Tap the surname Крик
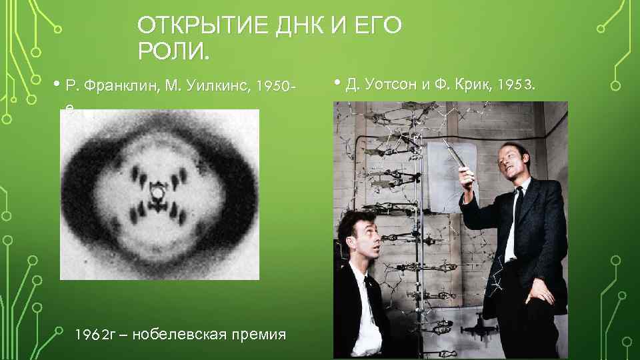click(473, 85)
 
